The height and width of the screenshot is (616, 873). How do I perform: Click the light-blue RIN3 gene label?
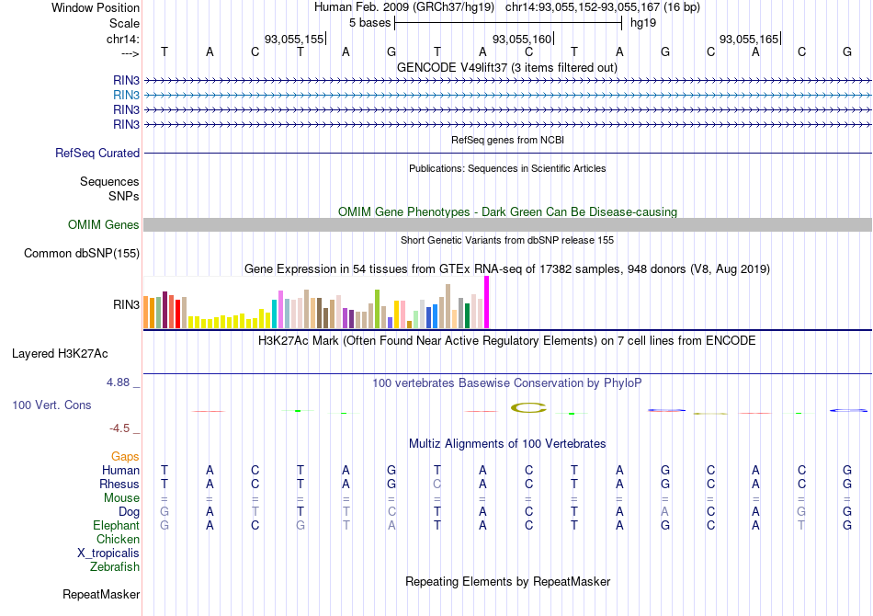click(x=127, y=95)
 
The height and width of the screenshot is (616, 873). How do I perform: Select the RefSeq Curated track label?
click(x=97, y=154)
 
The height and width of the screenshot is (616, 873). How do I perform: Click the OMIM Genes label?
click(x=104, y=225)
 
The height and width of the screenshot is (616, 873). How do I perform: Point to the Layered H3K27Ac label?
click(x=73, y=353)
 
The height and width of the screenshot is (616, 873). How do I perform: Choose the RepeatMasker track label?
click(x=101, y=595)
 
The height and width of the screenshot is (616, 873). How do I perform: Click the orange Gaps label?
click(x=125, y=457)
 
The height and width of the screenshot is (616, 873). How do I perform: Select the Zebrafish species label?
click(x=115, y=567)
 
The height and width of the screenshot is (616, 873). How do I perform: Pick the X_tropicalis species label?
click(x=108, y=553)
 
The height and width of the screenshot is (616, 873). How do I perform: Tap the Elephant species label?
click(x=116, y=526)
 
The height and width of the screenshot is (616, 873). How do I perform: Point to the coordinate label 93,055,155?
click(x=294, y=40)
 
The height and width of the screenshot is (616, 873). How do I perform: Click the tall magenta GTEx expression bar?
click(x=487, y=302)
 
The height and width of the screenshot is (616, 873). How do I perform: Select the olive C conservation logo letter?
click(x=529, y=407)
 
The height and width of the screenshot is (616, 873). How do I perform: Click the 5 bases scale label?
click(x=369, y=22)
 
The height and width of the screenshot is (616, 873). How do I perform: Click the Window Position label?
click(x=96, y=7)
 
